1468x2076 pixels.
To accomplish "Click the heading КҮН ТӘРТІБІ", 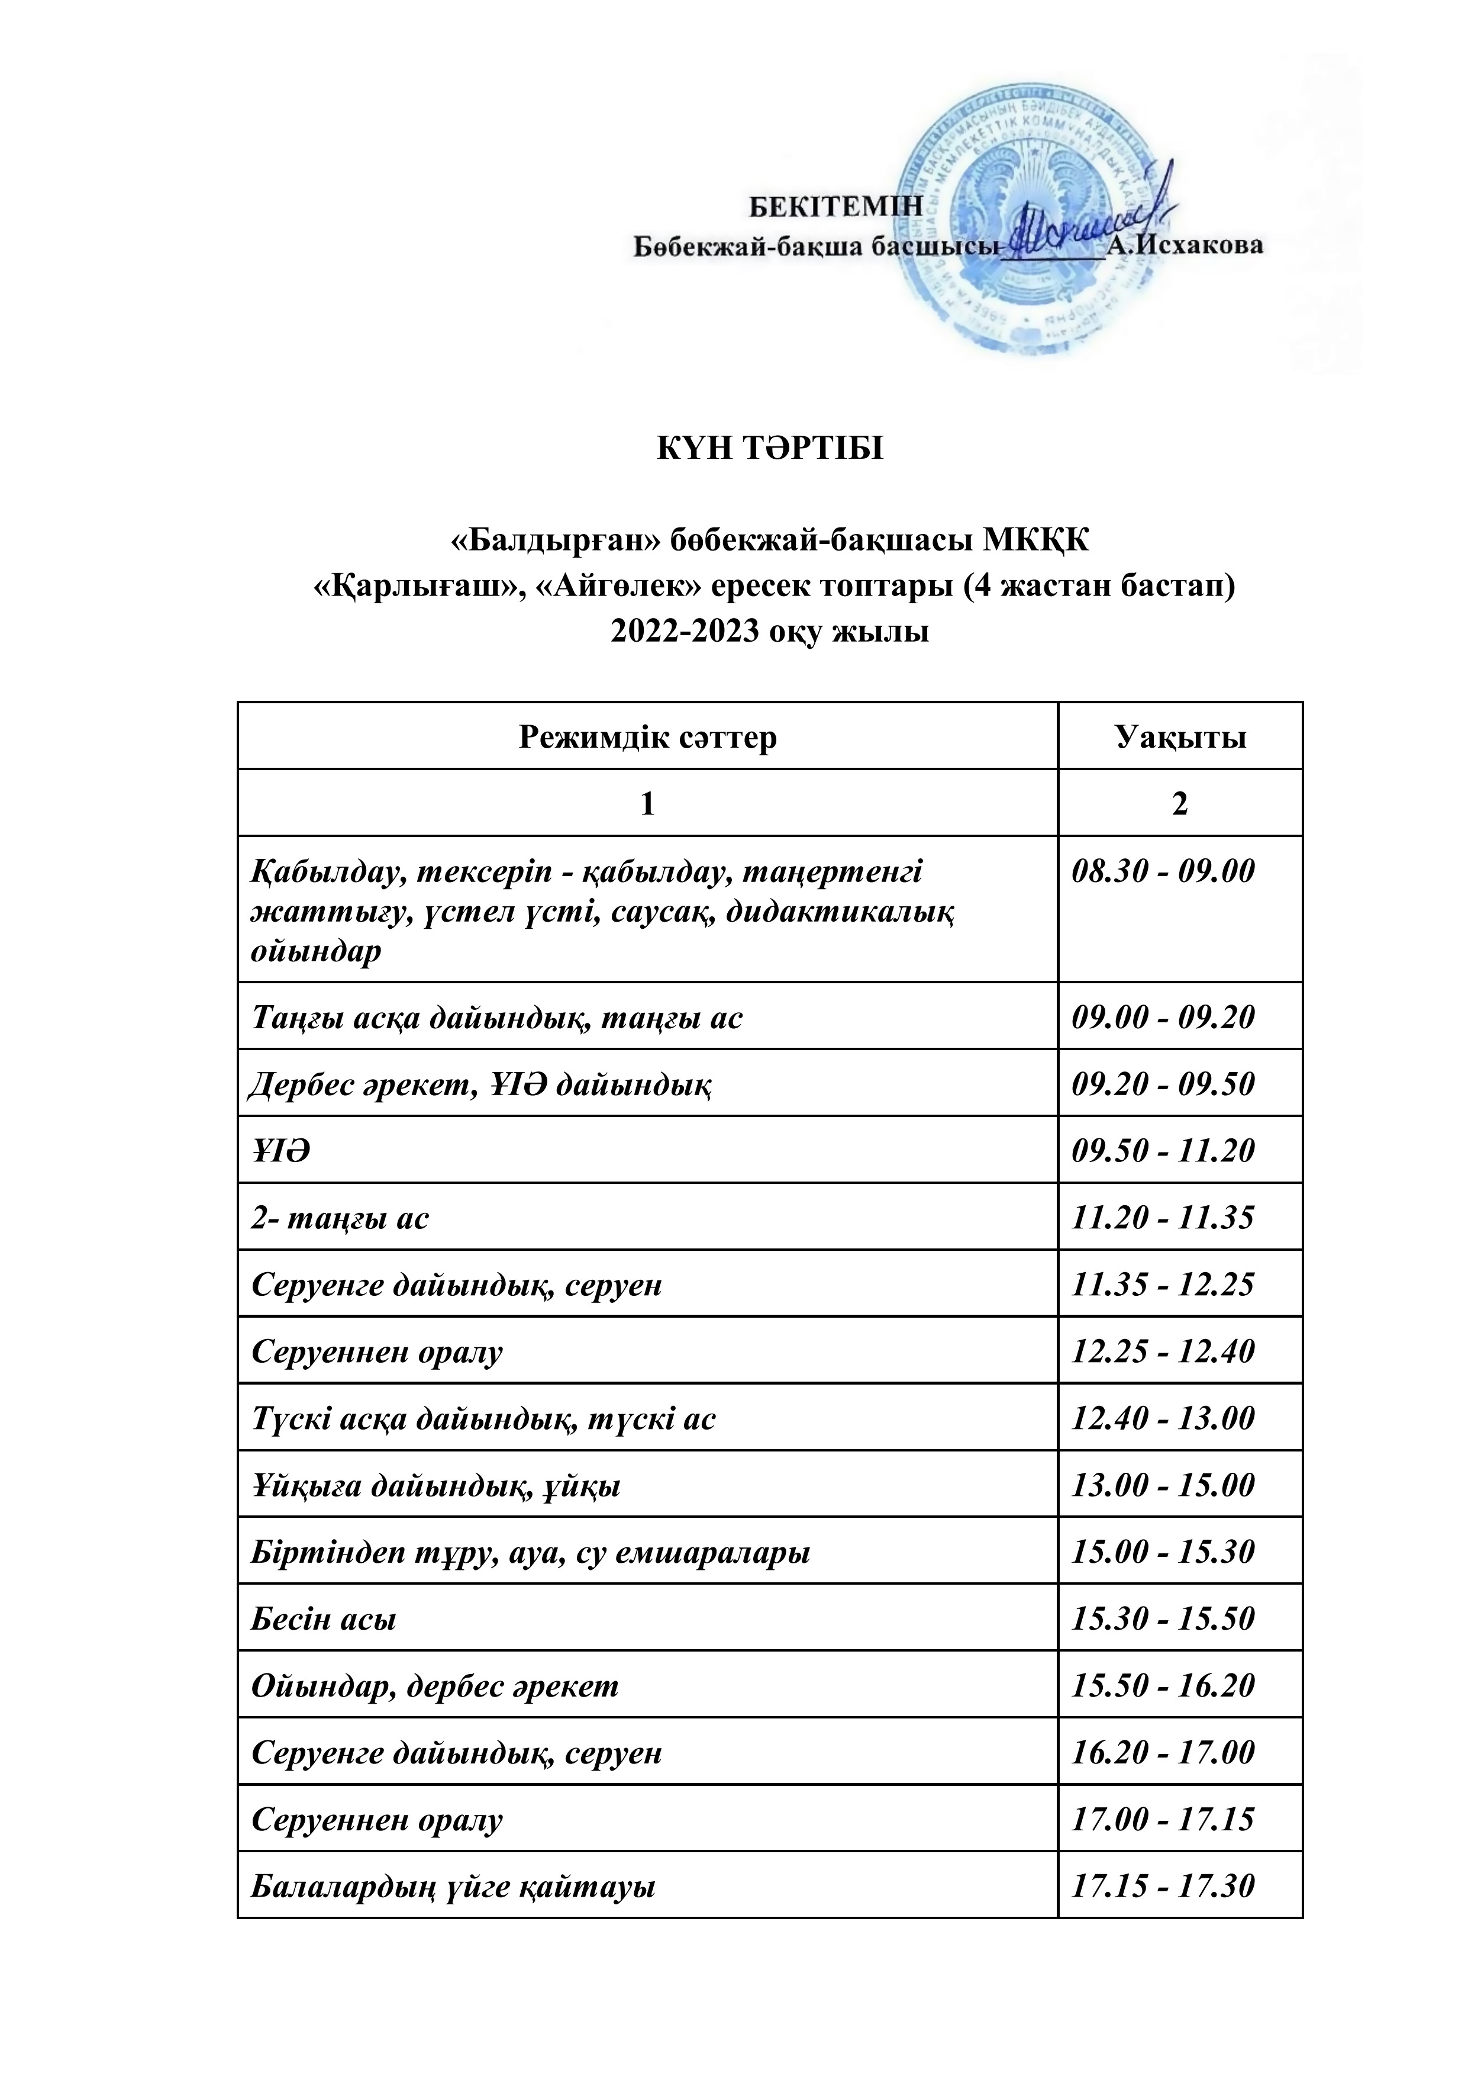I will [x=769, y=449].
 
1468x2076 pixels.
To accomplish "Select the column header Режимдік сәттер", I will [x=647, y=738].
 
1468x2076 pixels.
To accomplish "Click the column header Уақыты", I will [x=1180, y=738].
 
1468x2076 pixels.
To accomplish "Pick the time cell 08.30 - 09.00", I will [x=1163, y=871].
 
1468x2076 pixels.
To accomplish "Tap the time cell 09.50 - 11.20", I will [x=1163, y=1151].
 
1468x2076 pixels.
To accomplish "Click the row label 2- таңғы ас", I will [x=341, y=1218].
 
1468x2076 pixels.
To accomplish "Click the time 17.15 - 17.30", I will [x=1163, y=1887].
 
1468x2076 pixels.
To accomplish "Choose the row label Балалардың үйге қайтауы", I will [x=453, y=1887].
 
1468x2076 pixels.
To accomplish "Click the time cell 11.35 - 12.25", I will [x=1163, y=1285].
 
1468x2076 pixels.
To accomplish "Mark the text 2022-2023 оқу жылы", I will [x=769, y=632].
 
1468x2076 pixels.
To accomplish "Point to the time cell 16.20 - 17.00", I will [x=1163, y=1753].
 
